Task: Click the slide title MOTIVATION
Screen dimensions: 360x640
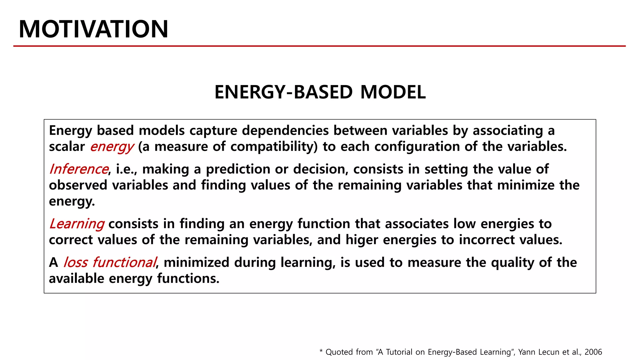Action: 93,29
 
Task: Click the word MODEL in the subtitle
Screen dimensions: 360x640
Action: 393,92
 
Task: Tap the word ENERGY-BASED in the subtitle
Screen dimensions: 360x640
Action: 283,92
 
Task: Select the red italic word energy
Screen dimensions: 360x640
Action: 112,147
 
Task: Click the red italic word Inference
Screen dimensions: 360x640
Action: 79,169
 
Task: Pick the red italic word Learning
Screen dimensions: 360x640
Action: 77,224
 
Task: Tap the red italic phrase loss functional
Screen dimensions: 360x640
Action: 109,262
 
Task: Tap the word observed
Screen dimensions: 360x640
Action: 78,185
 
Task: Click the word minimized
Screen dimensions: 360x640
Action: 196,262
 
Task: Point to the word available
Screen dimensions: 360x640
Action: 77,278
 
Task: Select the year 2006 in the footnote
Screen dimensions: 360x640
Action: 593,352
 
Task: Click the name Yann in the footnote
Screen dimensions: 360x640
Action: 526,352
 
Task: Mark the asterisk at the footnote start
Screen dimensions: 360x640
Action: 321,351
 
